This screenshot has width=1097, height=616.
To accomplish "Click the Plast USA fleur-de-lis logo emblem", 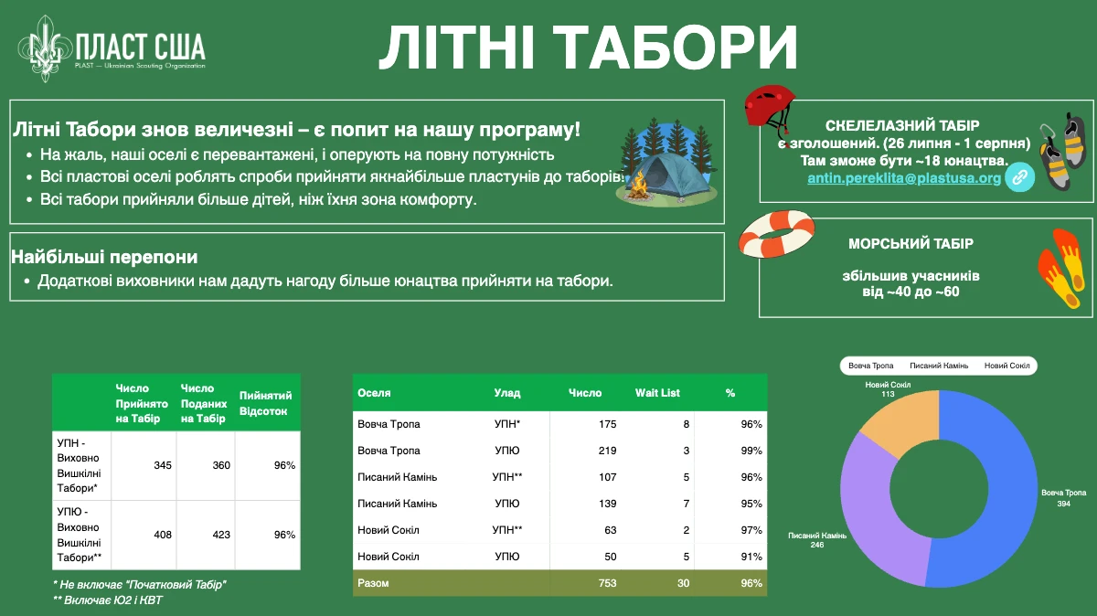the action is [x=46, y=48].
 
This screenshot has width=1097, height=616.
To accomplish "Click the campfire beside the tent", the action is [x=638, y=186].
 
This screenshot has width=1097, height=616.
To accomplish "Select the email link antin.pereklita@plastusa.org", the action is [x=904, y=177].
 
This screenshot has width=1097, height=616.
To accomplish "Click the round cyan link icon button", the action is [x=1019, y=176].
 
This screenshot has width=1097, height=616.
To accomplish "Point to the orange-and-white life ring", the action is [x=777, y=234].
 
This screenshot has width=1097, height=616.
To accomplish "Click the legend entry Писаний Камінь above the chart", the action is [x=939, y=366].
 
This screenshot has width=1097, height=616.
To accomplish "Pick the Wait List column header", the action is [x=657, y=393].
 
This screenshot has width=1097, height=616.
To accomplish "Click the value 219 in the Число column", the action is [x=607, y=451].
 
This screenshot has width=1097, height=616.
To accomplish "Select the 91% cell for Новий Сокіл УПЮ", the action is [x=751, y=557].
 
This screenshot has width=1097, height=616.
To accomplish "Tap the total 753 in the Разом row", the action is [x=607, y=583].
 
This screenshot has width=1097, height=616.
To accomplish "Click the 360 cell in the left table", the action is [x=221, y=465].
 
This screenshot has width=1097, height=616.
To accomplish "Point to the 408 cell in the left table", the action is [x=163, y=535].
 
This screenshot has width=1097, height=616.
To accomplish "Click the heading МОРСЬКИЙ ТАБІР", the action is [x=911, y=244].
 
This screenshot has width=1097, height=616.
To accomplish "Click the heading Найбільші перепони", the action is [x=104, y=257].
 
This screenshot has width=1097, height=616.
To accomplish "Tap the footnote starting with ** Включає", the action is [x=108, y=600].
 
